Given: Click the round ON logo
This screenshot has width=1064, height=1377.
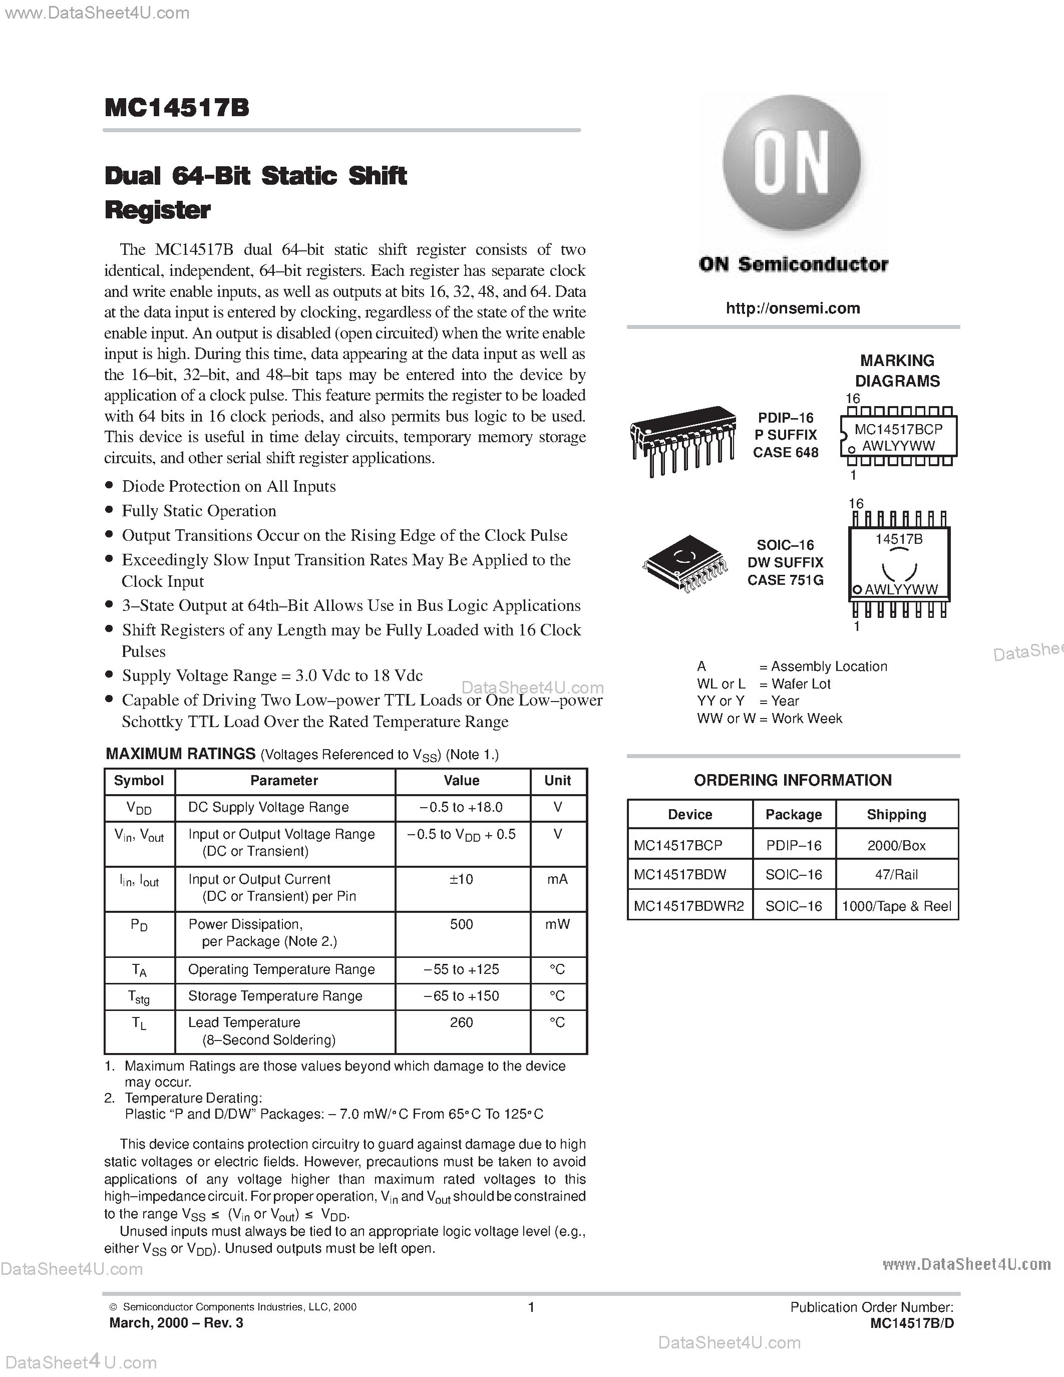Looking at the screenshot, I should coord(792,163).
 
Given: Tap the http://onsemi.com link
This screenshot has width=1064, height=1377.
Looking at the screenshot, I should coord(792,308).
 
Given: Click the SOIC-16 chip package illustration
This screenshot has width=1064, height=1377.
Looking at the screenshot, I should coord(684,563).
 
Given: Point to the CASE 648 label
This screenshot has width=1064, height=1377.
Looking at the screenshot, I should coord(786,453).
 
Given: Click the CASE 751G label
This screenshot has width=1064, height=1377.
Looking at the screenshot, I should coord(786,580).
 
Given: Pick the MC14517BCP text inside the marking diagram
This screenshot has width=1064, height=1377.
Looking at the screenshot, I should coord(898,429).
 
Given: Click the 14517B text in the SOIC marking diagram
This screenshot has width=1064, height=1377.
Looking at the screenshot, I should coord(899,539).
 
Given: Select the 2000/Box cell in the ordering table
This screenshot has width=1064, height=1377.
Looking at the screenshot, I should coord(896,846).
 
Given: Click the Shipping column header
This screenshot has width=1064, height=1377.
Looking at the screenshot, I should coord(896,815).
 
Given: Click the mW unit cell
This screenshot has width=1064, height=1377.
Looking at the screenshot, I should coord(557,924).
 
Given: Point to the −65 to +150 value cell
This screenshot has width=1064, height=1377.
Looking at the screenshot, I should coord(462,996).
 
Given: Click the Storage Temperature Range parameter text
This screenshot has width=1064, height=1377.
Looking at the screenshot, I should coord(275,996).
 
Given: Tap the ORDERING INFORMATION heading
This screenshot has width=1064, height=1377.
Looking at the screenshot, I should coord(792,781).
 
